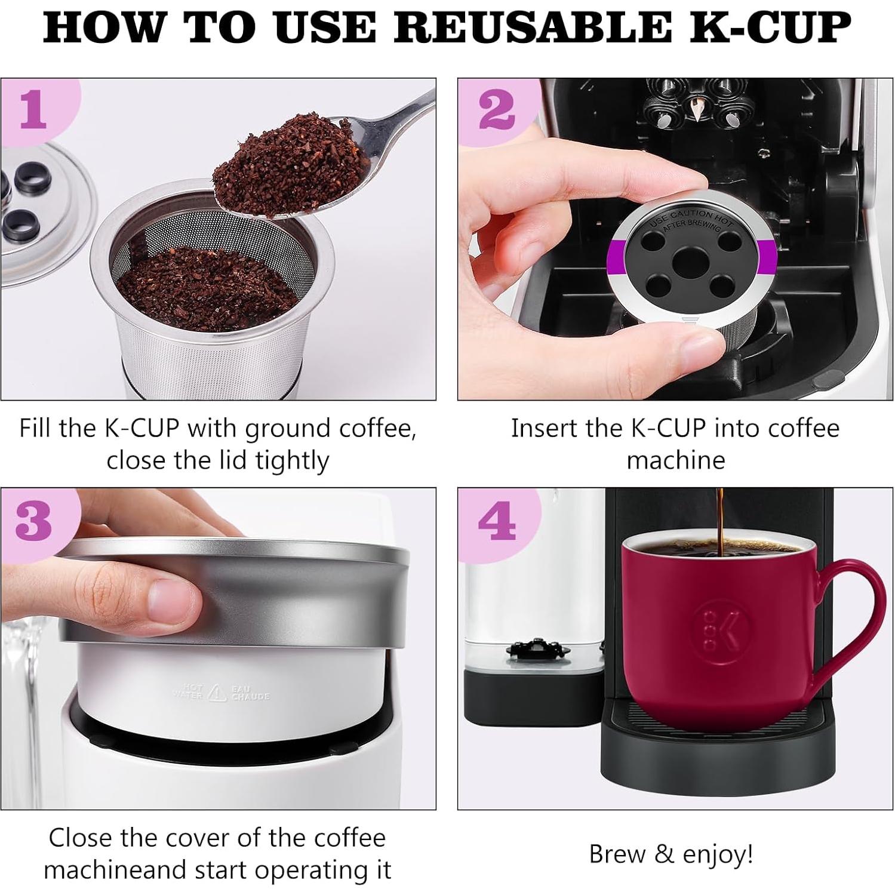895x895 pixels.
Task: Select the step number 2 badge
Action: pyautogui.click(x=496, y=111)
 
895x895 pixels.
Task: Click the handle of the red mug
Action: pyautogui.click(x=857, y=621)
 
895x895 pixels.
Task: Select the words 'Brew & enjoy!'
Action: pyautogui.click(x=671, y=854)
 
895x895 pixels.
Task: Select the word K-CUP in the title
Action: pyautogui.click(x=770, y=27)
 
